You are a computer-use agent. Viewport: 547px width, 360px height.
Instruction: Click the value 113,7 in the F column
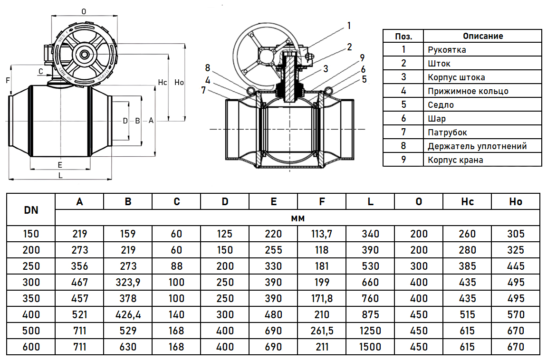click(x=322, y=234)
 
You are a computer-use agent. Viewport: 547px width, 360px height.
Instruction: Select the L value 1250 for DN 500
click(x=370, y=331)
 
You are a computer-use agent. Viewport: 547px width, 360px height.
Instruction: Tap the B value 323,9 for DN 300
click(x=128, y=282)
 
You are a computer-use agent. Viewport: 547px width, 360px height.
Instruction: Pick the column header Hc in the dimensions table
click(x=467, y=201)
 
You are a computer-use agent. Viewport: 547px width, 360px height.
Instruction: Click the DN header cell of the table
click(x=31, y=210)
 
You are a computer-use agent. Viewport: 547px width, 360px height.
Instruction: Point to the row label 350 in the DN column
click(x=31, y=298)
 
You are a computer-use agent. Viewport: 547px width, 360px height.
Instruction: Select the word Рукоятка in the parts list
click(x=447, y=50)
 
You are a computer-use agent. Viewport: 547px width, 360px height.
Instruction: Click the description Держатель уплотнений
click(x=477, y=146)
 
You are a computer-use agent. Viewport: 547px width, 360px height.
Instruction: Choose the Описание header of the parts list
click(x=483, y=36)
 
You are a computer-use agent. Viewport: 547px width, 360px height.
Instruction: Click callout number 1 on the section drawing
click(x=348, y=26)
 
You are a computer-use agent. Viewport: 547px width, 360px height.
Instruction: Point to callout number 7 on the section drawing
click(x=204, y=90)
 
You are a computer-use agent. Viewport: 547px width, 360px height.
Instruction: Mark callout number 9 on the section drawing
click(x=362, y=57)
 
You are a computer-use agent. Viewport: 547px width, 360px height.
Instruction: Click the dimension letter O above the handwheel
click(x=84, y=12)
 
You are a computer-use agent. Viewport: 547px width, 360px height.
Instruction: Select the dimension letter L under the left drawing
click(x=60, y=175)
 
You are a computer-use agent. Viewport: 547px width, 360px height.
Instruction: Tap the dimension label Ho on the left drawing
click(x=179, y=82)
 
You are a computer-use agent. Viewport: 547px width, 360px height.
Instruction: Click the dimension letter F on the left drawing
click(x=8, y=81)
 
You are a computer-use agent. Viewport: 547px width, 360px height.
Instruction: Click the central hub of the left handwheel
click(x=84, y=54)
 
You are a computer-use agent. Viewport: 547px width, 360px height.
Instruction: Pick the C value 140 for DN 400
click(x=176, y=315)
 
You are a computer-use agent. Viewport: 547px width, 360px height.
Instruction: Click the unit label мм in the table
click(x=297, y=218)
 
